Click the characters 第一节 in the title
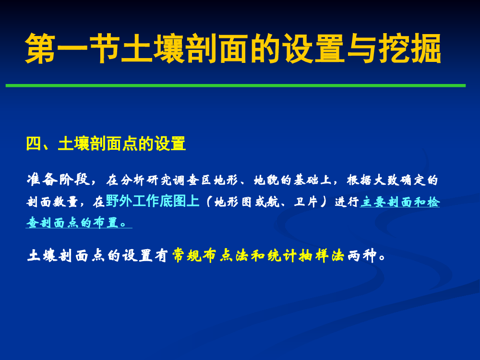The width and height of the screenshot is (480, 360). click(x=72, y=48)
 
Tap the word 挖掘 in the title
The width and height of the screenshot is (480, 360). click(x=409, y=48)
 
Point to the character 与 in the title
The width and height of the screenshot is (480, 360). click(x=362, y=48)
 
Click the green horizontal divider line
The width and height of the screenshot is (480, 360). click(x=235, y=85)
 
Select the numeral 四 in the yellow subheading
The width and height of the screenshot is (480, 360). click(x=34, y=143)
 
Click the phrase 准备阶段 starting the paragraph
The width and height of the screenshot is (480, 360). click(x=58, y=180)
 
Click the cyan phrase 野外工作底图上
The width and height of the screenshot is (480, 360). click(x=153, y=201)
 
